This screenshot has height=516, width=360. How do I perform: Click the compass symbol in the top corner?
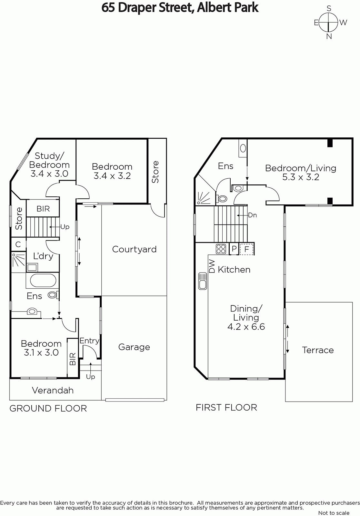pos(328,23)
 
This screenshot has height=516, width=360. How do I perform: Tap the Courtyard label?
pos(134,249)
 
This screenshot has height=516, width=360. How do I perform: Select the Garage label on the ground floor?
pos(134,347)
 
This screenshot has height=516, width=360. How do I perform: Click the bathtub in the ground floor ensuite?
pos(43,280)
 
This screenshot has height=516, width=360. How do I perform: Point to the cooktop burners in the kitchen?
pos(221,249)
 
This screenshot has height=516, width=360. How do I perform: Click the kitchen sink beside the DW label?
pos(203,281)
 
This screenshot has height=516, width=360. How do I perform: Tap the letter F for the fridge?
pos(247,249)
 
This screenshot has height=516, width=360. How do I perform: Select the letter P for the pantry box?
pos(234,249)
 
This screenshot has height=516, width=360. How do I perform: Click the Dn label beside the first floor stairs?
pos(252,215)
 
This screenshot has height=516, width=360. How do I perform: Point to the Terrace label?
pos(318,350)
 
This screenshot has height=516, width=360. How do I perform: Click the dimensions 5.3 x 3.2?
pos(301,177)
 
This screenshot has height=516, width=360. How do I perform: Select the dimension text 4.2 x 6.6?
pos(246,327)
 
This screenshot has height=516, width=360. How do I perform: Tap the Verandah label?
pos(53,391)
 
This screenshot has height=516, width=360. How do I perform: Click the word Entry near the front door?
pos(89,341)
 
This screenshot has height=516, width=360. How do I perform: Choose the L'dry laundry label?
pos(43,256)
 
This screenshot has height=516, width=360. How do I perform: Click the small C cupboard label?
pos(18,244)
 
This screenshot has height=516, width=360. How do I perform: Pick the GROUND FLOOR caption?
pos(48,408)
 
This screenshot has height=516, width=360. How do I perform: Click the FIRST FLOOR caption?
pos(226,408)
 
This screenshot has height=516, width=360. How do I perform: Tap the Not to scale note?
pos(334,513)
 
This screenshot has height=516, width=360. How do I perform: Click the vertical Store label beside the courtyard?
pos(155,172)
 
